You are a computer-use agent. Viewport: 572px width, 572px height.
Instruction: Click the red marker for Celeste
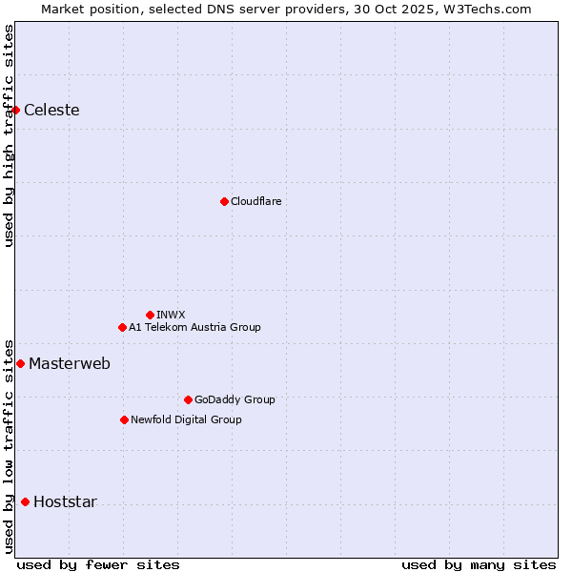coord(16,111)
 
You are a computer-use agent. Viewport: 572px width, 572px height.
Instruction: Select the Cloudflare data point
coord(224,201)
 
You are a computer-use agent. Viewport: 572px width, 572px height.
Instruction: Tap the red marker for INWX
coord(150,315)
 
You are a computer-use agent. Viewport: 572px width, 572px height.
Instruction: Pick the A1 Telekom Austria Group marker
coord(122,327)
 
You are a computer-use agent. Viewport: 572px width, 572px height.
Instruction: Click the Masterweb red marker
coord(20,363)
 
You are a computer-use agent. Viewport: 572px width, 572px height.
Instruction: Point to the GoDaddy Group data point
coord(188,399)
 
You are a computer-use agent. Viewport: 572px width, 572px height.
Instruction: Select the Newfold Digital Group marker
coord(124,419)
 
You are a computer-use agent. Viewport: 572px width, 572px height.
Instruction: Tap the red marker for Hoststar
coord(25,501)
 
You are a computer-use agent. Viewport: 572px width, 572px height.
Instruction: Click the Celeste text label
coord(51,111)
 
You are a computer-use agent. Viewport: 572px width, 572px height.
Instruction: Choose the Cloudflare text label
coord(255,201)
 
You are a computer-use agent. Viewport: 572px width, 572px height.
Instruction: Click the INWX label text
coord(171,315)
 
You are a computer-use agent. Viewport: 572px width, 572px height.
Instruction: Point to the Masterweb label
coord(70,363)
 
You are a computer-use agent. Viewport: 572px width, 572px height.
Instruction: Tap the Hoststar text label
coord(65,502)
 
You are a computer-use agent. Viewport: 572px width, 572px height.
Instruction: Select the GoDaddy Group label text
coord(235,399)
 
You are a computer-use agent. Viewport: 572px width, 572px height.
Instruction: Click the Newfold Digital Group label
coord(186,419)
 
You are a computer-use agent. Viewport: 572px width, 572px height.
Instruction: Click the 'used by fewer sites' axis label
coord(98,564)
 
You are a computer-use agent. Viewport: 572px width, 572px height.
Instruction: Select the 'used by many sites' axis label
coord(479,564)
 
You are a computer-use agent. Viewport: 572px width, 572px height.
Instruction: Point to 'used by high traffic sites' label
coord(10,135)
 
